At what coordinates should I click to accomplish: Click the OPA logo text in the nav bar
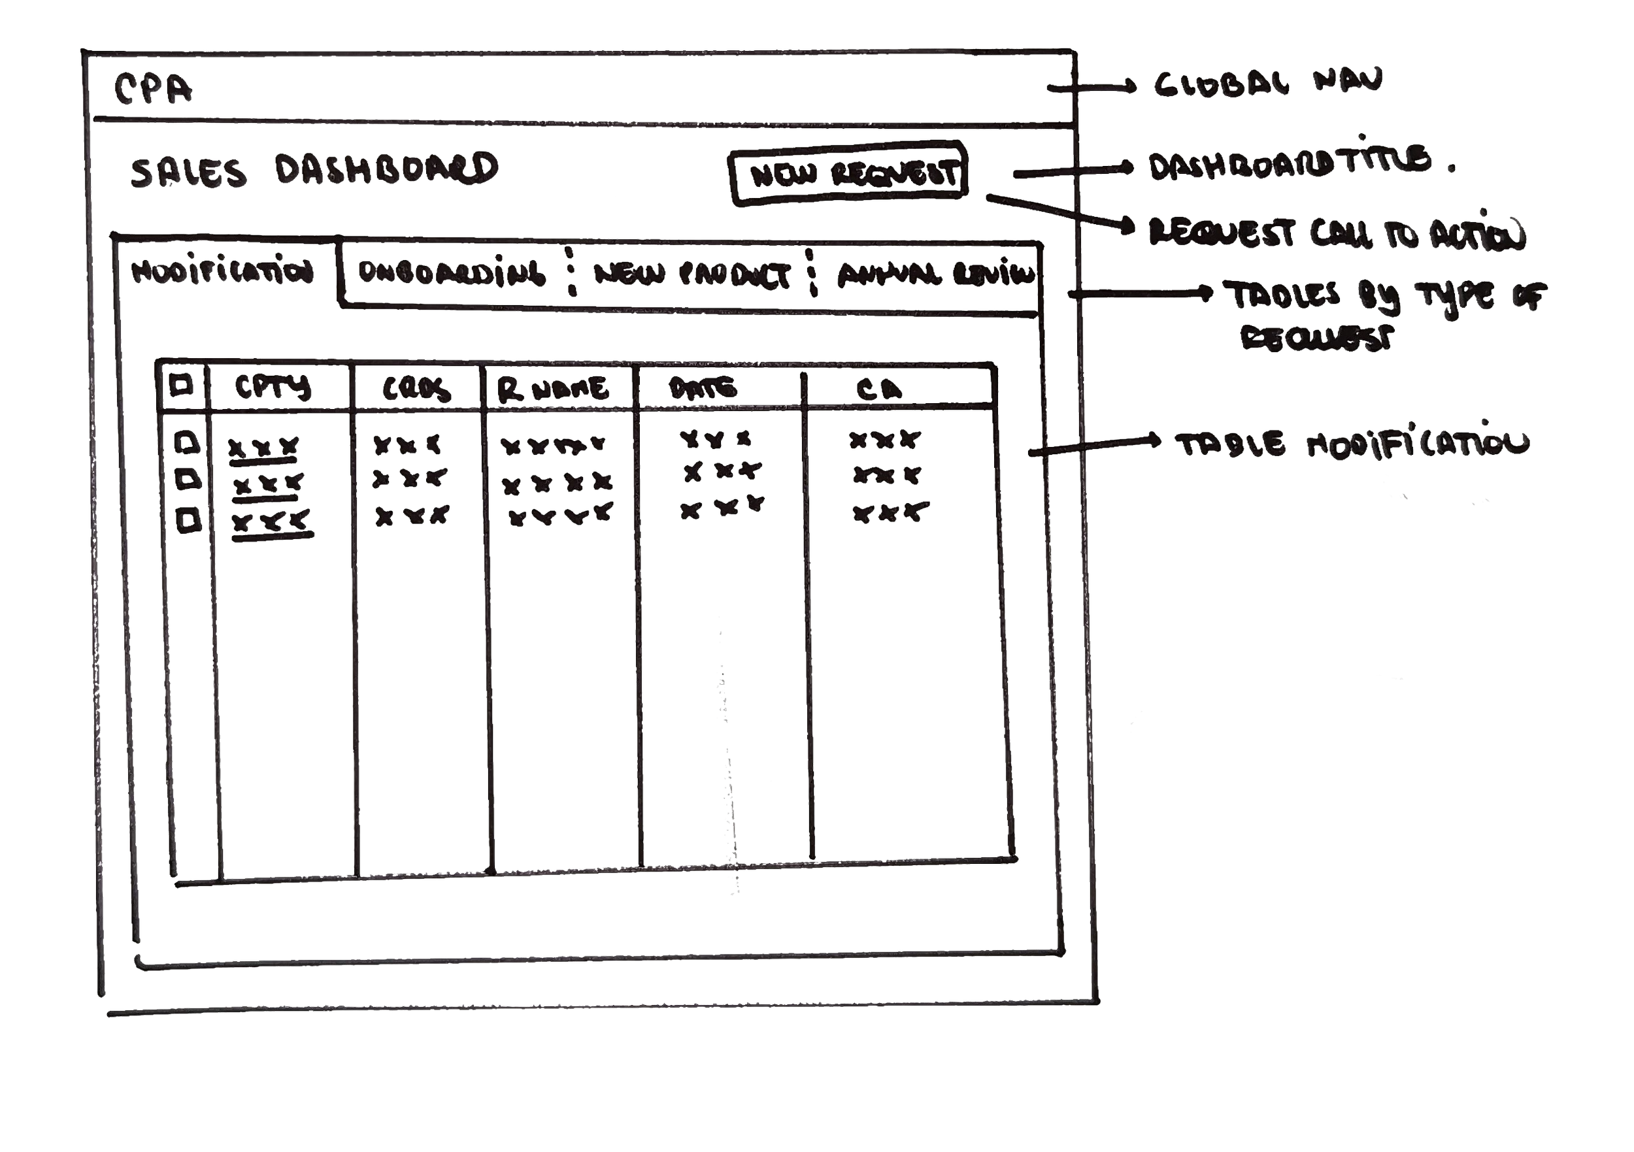pyautogui.click(x=153, y=90)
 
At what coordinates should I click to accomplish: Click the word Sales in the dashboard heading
pyautogui.click(x=189, y=174)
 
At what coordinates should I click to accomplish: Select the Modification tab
pyautogui.click(x=223, y=272)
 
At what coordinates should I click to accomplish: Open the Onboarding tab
pyautogui.click(x=452, y=273)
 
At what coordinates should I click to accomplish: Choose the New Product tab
pyautogui.click(x=690, y=276)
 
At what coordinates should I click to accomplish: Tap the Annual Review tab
pyautogui.click(x=934, y=276)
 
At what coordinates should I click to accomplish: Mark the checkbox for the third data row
pyautogui.click(x=187, y=519)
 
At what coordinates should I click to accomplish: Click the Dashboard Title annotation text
pyautogui.click(x=1288, y=163)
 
